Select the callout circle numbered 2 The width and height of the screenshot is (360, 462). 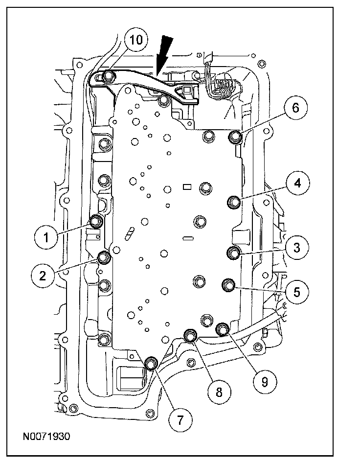pyautogui.click(x=44, y=275)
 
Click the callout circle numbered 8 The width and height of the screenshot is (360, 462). pyautogui.click(x=219, y=391)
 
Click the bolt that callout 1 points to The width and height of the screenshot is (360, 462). pyautogui.click(x=96, y=221)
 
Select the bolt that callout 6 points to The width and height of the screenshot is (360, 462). pyautogui.click(x=236, y=137)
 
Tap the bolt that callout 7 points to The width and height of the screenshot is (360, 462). pyautogui.click(x=152, y=364)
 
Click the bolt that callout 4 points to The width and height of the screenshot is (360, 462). pyautogui.click(x=235, y=201)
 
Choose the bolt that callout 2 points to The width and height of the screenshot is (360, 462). pyautogui.click(x=104, y=257)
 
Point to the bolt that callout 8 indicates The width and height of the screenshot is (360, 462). pyautogui.click(x=190, y=336)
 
